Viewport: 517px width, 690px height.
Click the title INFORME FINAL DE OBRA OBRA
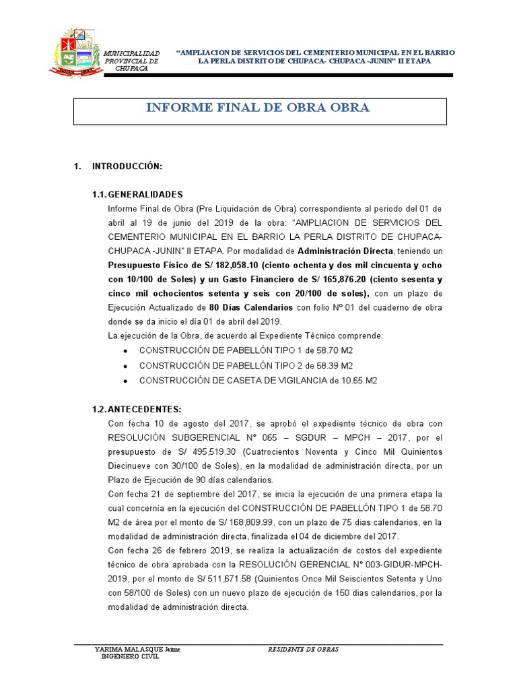point(258,108)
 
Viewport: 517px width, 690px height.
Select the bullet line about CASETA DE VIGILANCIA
point(258,380)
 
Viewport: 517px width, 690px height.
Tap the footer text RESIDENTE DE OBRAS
point(303,650)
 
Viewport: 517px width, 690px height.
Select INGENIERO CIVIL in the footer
point(130,658)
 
